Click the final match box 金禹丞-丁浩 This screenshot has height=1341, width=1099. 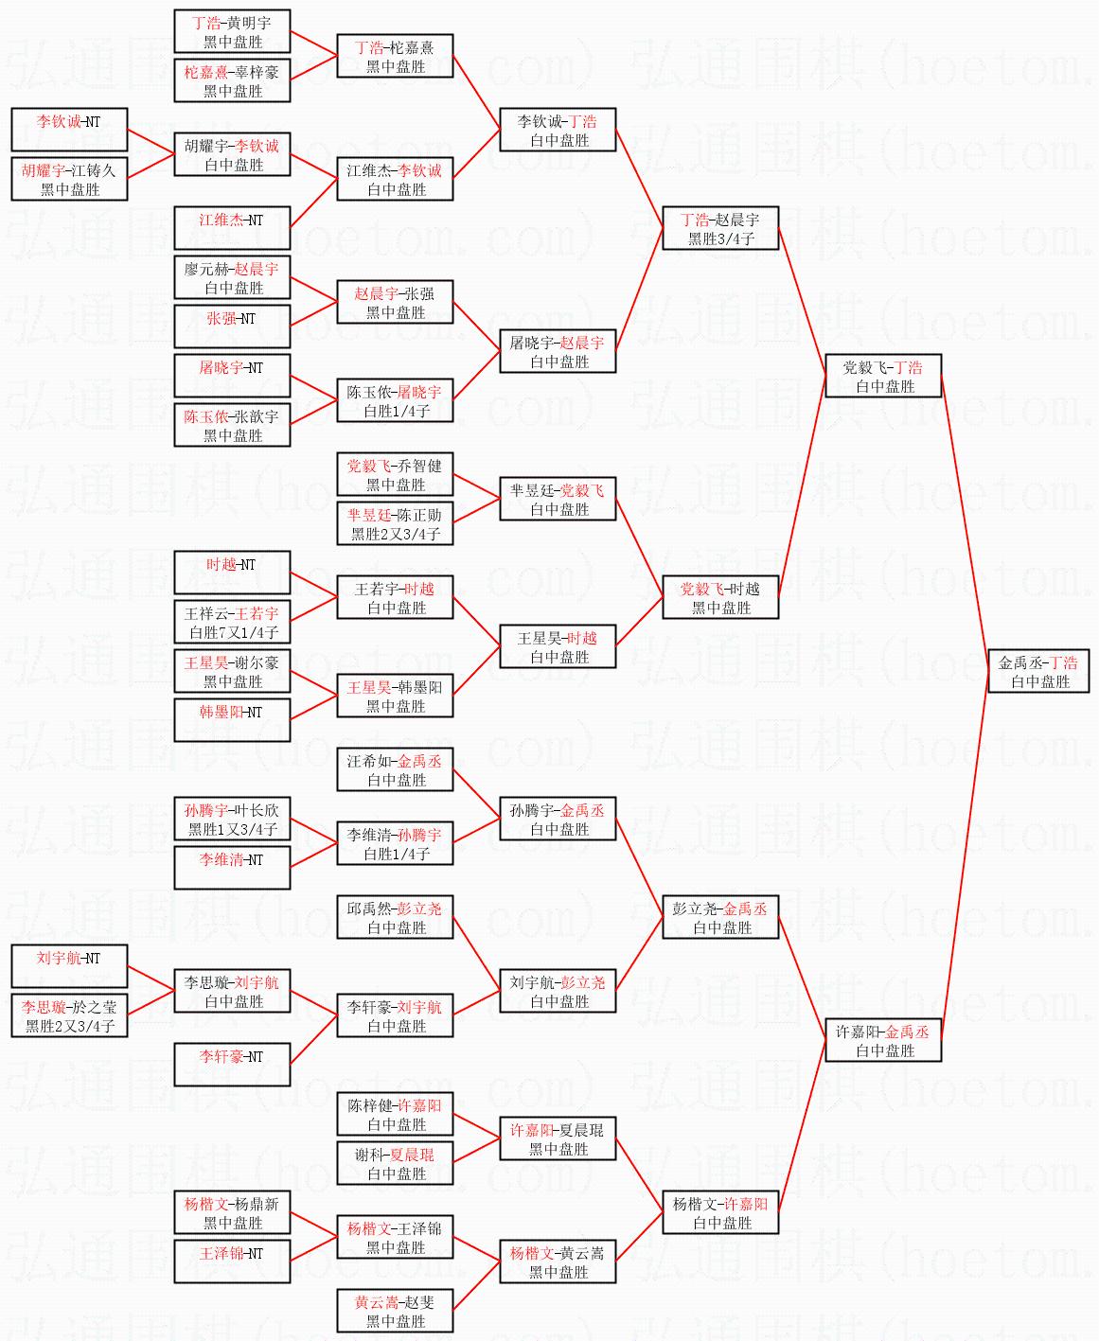pos(1038,671)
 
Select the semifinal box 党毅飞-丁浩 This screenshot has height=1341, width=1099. pos(883,376)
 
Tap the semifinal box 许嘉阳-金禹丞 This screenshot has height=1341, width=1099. pos(883,1040)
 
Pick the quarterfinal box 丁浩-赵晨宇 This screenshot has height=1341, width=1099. pos(720,228)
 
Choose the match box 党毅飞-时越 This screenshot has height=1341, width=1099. pos(720,597)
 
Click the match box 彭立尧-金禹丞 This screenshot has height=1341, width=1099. pos(720,917)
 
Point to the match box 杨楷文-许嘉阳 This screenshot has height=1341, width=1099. pos(720,1212)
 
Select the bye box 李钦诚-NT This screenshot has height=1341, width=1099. pos(69,130)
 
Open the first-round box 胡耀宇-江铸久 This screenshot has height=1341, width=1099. pos(69,179)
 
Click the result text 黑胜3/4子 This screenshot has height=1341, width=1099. pos(720,238)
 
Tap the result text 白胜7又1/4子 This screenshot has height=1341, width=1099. pos(232,632)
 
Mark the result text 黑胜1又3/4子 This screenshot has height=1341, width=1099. pos(232,829)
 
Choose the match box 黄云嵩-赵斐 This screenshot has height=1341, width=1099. pos(395,1311)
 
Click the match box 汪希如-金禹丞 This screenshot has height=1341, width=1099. pos(395,769)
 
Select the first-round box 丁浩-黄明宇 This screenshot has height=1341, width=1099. pos(232,31)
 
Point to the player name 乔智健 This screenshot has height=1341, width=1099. pos(420,466)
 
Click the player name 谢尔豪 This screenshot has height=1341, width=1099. pos(257,662)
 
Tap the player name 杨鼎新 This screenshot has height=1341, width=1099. pos(257,1204)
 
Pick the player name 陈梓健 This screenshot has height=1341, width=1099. pos(369,1105)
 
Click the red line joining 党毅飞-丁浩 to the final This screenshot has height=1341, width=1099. pos(965,521)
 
